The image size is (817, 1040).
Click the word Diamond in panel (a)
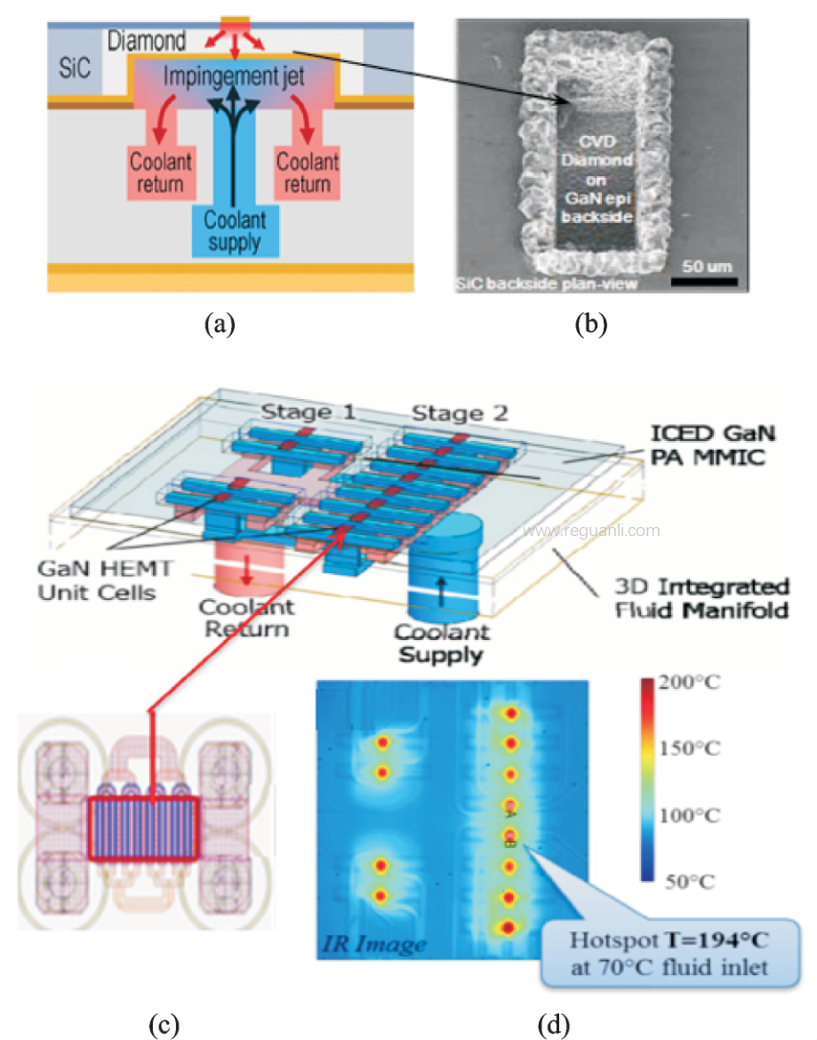click(x=147, y=41)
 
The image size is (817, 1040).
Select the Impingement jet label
click(x=235, y=77)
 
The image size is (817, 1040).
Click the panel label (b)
click(x=590, y=325)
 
